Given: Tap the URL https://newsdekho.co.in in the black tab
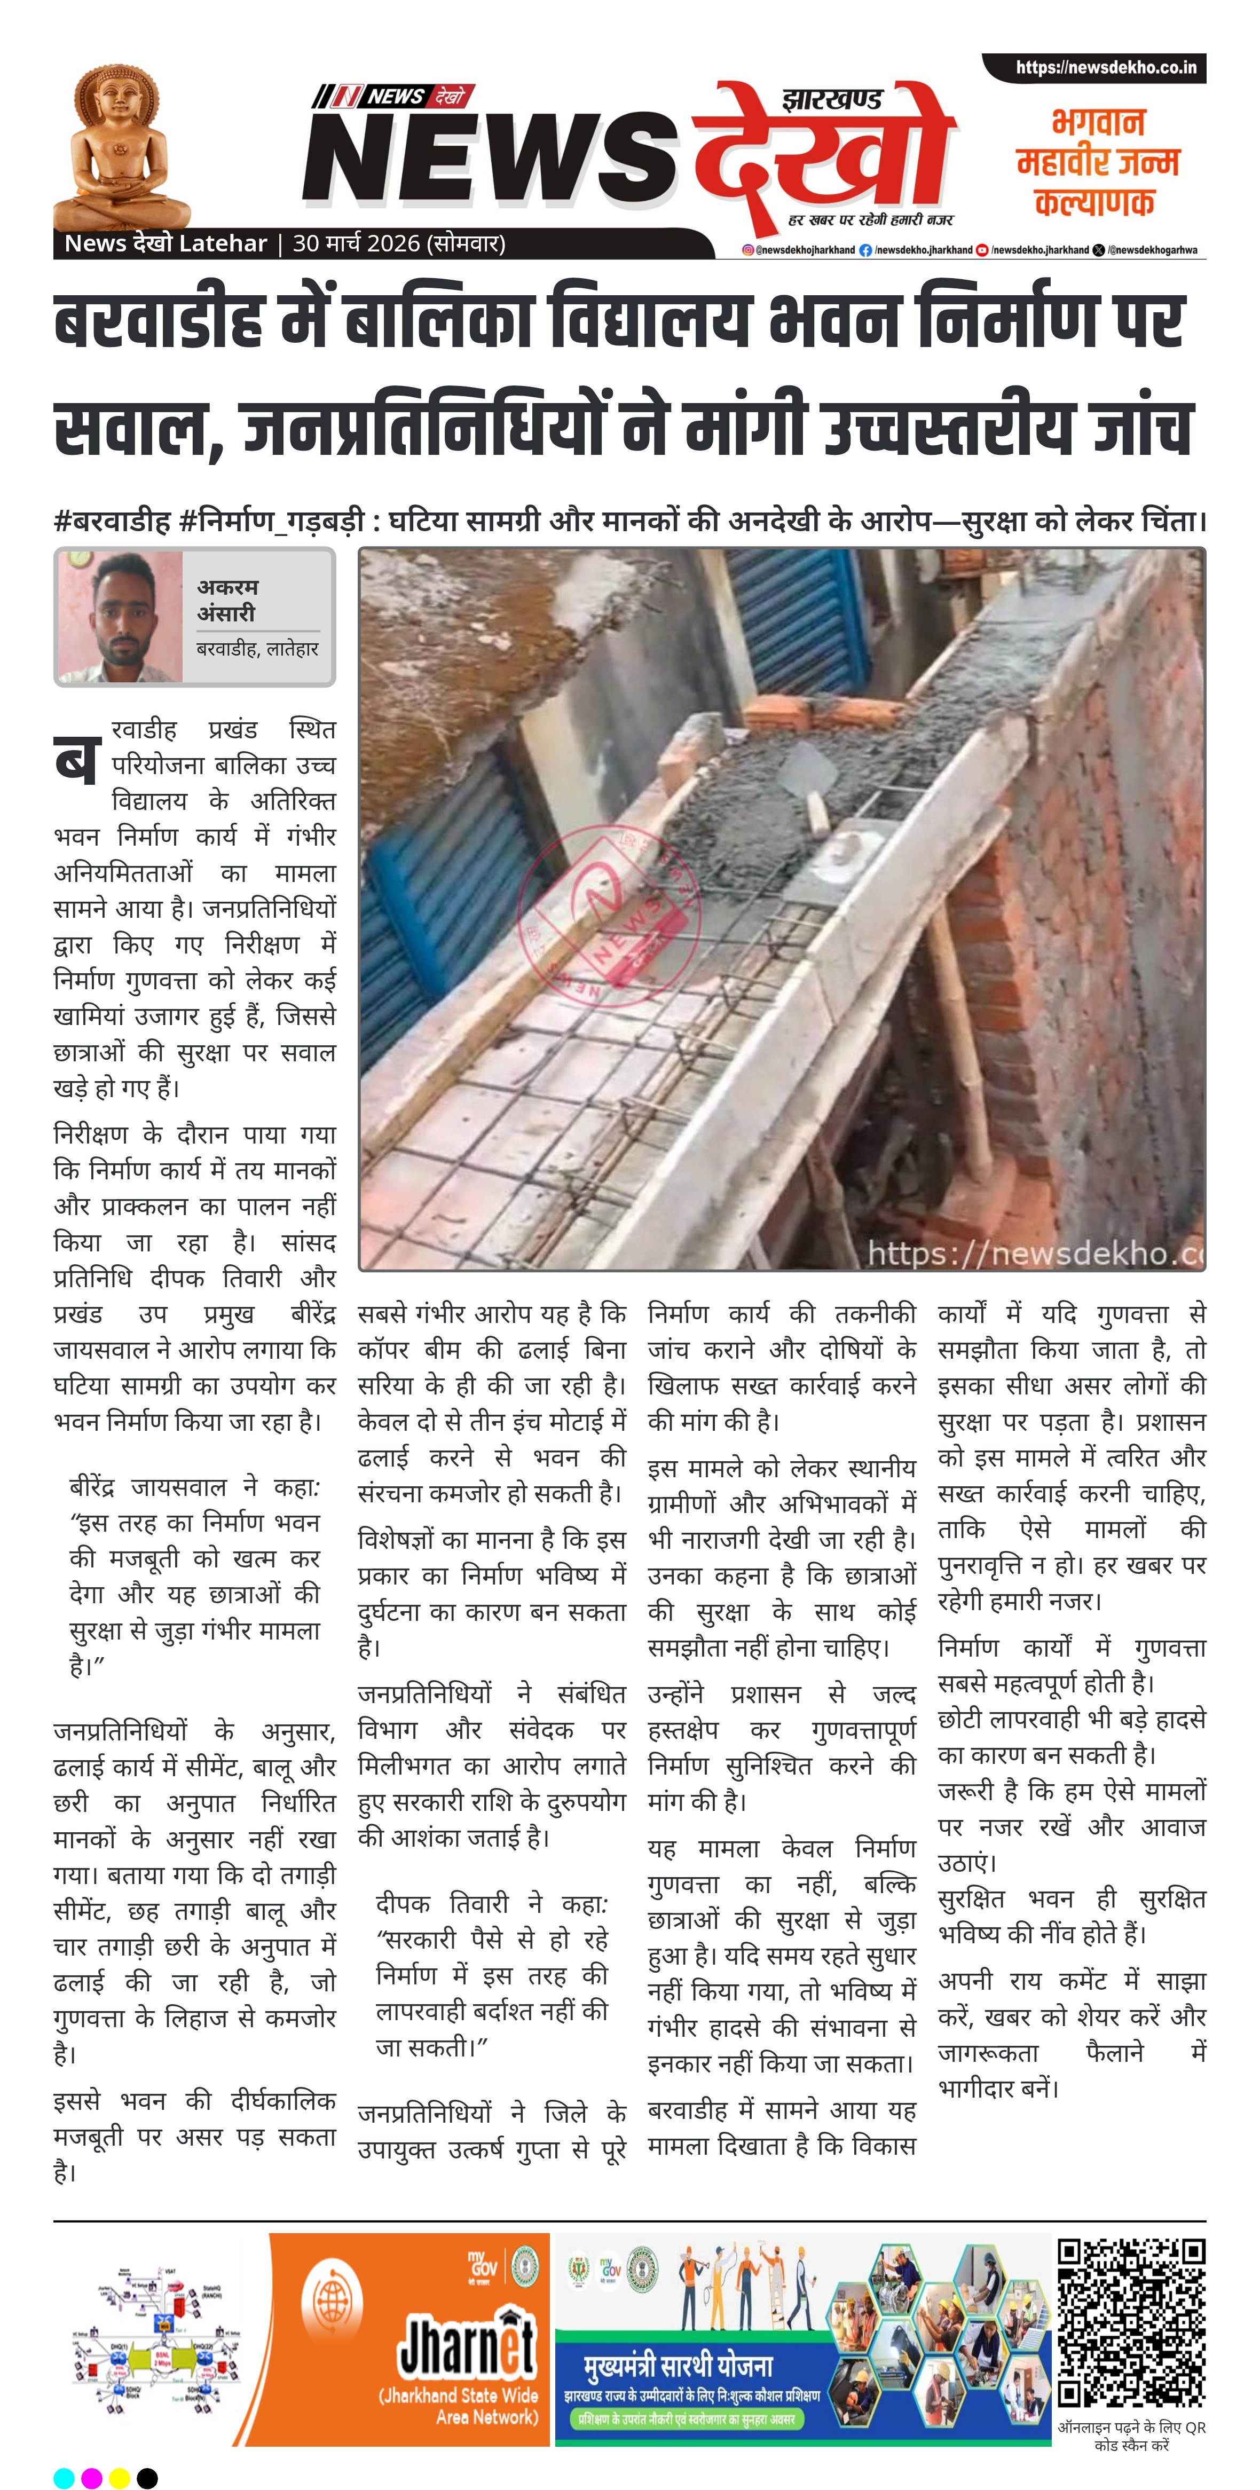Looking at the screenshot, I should tap(1105, 68).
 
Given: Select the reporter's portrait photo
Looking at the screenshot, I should tap(120, 617).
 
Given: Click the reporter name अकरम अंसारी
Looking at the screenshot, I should tap(227, 600).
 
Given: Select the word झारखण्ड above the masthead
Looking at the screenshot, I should tap(832, 99).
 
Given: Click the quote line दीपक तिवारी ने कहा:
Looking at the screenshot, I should tap(491, 1904).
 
